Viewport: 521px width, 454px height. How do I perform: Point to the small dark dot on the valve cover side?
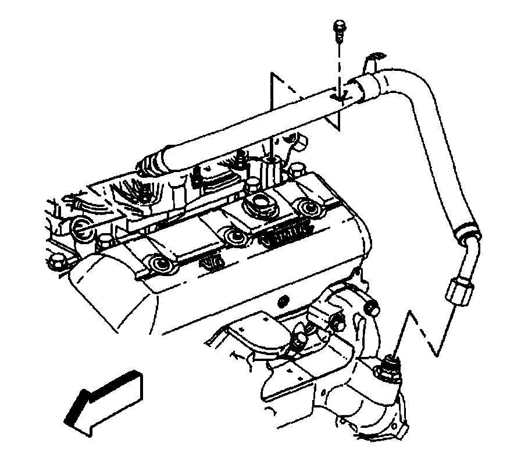pyautogui.click(x=283, y=301)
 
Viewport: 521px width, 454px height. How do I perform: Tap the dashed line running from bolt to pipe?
pyautogui.click(x=338, y=64)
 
